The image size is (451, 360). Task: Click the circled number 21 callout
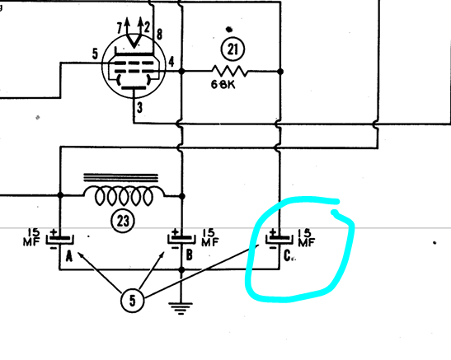[233, 49]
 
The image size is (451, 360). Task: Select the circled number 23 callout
[123, 222]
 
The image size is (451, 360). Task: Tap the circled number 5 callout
[132, 301]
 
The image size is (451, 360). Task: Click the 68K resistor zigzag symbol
[229, 71]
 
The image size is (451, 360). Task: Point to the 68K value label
[223, 85]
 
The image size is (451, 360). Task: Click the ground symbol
[181, 309]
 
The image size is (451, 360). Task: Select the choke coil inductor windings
[124, 196]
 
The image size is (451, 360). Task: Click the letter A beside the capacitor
[69, 256]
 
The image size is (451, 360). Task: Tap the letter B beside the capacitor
[190, 255]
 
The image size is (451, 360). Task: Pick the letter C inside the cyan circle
[287, 255]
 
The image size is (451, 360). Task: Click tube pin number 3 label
[140, 108]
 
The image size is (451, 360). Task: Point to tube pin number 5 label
[95, 54]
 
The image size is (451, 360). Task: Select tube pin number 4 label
[171, 62]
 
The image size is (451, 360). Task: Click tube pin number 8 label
[159, 35]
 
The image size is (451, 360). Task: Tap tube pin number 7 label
[120, 28]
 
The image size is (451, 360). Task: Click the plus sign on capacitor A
[54, 231]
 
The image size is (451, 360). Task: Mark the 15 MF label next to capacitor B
[210, 238]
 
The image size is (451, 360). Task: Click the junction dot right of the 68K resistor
[280, 71]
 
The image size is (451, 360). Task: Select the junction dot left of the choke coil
[60, 195]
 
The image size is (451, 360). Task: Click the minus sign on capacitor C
[273, 247]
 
